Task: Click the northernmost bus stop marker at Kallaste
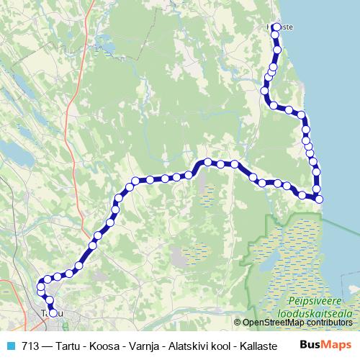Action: [276, 27]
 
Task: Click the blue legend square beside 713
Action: [9, 345]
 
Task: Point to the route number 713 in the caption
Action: [31, 345]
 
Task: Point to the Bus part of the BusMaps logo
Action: [310, 344]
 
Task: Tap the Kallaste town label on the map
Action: [281, 27]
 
